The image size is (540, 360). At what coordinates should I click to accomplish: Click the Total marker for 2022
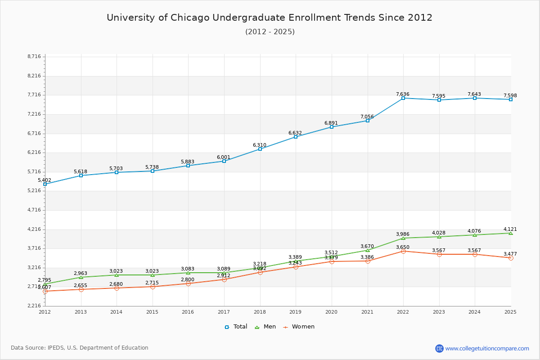403,98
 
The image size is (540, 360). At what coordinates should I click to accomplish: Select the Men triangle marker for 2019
296,261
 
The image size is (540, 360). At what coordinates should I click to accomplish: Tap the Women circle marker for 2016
188,283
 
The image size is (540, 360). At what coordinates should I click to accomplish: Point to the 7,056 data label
367,117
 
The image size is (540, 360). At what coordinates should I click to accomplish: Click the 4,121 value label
510,229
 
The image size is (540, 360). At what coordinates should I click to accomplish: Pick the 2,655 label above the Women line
81,285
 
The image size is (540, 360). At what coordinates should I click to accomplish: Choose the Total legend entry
236,327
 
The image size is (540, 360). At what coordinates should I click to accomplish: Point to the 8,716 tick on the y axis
34,56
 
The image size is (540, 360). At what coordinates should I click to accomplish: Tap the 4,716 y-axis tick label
34,210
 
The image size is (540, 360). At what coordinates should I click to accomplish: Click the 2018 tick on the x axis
260,311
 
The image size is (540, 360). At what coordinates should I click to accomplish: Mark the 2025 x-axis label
510,311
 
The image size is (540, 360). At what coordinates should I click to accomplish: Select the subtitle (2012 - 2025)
270,31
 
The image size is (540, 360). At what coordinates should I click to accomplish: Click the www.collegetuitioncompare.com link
487,348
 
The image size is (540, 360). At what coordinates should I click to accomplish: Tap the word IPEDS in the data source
55,348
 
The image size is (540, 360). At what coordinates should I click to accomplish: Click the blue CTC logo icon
439,348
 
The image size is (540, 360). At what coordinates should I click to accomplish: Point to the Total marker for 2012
45,184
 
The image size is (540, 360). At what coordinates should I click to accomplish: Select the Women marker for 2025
511,258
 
